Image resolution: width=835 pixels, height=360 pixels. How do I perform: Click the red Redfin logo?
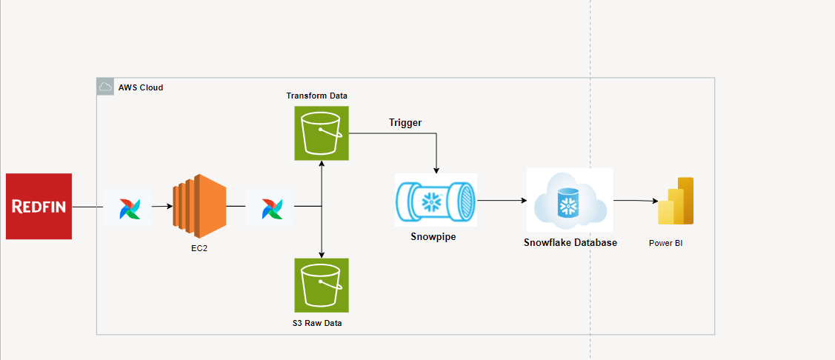[x=39, y=207]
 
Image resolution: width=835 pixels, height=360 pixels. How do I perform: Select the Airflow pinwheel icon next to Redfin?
[x=127, y=207]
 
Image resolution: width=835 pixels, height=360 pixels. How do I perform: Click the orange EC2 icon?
[x=199, y=206]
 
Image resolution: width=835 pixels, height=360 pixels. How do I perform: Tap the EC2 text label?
[x=199, y=248]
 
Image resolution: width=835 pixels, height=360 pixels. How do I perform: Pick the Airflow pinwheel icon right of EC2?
[x=270, y=207]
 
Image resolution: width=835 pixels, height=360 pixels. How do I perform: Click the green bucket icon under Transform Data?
[x=321, y=133]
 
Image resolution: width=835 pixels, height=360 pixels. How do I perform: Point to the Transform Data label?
[x=317, y=96]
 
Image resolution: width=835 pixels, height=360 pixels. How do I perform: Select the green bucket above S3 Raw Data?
[x=321, y=284]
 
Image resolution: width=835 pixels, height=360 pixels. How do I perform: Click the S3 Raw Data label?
[x=317, y=323]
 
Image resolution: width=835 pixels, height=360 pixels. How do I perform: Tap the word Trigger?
[x=405, y=123]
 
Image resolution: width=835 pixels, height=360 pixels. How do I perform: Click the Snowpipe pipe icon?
[x=436, y=200]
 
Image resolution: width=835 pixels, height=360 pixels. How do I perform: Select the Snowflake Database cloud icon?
[x=570, y=199]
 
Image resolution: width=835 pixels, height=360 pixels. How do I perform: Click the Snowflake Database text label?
[x=570, y=242]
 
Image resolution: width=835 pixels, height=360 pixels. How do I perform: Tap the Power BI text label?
[x=665, y=243]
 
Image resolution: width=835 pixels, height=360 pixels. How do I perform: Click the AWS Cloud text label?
[x=141, y=87]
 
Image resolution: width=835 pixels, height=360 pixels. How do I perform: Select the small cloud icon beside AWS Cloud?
[x=105, y=87]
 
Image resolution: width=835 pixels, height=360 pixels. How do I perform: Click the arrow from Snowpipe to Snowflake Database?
[x=501, y=200]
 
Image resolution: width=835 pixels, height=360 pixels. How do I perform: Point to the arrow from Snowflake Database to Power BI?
[x=635, y=200]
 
